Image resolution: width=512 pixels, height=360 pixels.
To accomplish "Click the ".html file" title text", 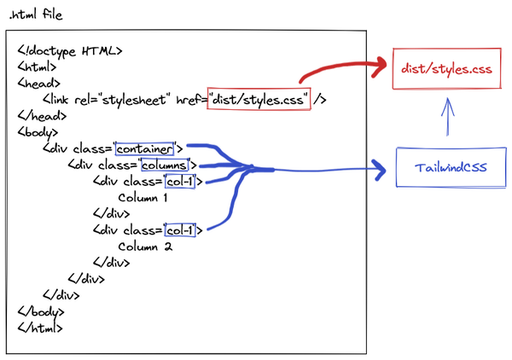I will (x=35, y=15).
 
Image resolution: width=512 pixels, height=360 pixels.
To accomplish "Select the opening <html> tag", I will (x=37, y=67).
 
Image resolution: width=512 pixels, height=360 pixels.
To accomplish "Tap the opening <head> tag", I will (x=38, y=83).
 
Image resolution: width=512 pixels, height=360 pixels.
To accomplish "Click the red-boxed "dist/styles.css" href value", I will (x=259, y=99).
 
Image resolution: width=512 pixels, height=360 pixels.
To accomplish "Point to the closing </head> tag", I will (x=41, y=115).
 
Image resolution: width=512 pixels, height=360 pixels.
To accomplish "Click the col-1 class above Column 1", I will (x=180, y=181).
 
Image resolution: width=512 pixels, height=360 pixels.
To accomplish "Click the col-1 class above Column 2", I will (x=180, y=230).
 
